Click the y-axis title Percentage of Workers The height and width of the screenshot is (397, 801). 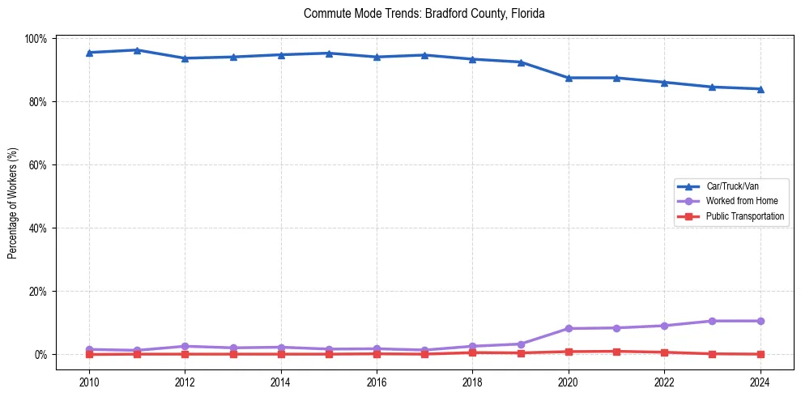click(x=13, y=203)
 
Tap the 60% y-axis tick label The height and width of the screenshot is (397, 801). click(x=38, y=165)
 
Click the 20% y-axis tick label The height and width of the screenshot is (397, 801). click(x=38, y=292)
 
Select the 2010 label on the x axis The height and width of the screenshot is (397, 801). click(x=89, y=382)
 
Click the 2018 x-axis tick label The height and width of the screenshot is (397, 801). click(x=472, y=382)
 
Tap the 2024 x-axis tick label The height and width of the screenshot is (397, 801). click(x=760, y=382)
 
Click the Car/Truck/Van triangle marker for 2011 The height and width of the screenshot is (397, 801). click(x=137, y=50)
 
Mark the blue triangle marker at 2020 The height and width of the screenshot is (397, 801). click(x=569, y=78)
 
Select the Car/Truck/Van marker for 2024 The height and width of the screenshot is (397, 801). click(x=760, y=89)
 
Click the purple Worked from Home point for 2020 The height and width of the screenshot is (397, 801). click(x=569, y=328)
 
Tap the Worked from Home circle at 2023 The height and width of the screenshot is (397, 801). click(x=712, y=321)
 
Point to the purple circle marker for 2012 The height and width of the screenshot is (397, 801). click(x=185, y=346)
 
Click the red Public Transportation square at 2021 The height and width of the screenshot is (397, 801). click(x=616, y=352)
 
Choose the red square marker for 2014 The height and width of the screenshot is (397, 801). click(x=281, y=354)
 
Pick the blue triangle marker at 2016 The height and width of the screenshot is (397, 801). click(x=377, y=57)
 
